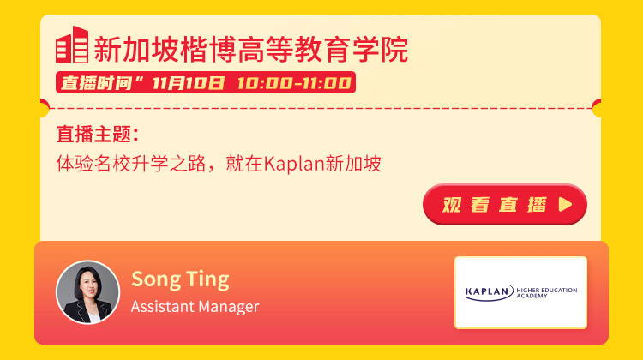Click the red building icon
(x=72, y=45)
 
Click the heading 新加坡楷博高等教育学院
(x=251, y=49)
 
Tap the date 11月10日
(x=189, y=83)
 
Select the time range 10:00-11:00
(x=294, y=83)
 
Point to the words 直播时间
(x=96, y=83)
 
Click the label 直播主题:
(x=98, y=134)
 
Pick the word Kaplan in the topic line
(x=293, y=164)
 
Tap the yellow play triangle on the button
(x=565, y=204)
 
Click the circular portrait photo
(x=87, y=292)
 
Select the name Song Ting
(x=180, y=280)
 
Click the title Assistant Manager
(x=195, y=307)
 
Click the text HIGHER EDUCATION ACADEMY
(x=547, y=293)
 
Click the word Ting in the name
(x=207, y=280)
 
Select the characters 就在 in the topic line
(x=244, y=163)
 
